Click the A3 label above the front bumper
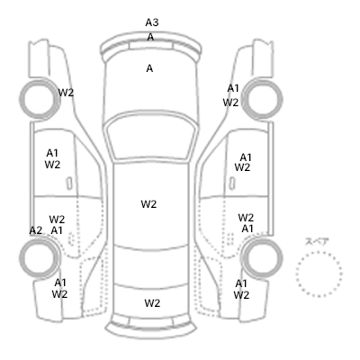[x=152, y=22]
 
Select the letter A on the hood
[x=149, y=68]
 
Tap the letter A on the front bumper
[x=150, y=37]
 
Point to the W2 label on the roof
[x=148, y=204]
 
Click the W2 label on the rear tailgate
[x=152, y=303]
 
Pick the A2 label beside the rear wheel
[x=36, y=230]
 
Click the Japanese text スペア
[x=317, y=241]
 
